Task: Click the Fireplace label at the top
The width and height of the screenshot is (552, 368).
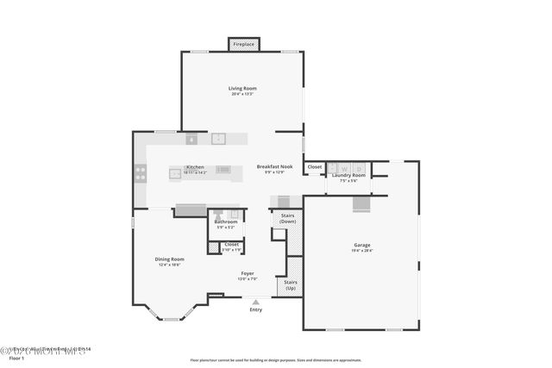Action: pyautogui.click(x=243, y=44)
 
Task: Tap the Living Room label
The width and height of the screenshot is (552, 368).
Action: pyautogui.click(x=242, y=88)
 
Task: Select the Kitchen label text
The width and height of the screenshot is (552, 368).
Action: pyautogui.click(x=195, y=166)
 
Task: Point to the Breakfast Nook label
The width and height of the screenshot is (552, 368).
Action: pyautogui.click(x=275, y=166)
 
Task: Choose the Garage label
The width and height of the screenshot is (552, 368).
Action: pyautogui.click(x=363, y=244)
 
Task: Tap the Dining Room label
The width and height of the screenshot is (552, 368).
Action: pyautogui.click(x=170, y=259)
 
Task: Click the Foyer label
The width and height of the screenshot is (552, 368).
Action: pyautogui.click(x=248, y=273)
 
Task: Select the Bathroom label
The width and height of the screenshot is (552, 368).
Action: pyautogui.click(x=226, y=221)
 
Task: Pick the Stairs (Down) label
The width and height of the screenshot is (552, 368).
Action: pyautogui.click(x=287, y=218)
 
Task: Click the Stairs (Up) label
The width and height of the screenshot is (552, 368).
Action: pyautogui.click(x=289, y=284)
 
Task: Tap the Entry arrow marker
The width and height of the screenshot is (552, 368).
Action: pyautogui.click(x=255, y=302)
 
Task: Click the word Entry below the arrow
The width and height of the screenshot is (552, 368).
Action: pyautogui.click(x=256, y=309)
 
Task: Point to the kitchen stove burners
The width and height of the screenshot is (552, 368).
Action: pyautogui.click(x=140, y=172)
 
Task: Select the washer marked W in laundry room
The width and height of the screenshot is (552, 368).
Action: pyautogui.click(x=344, y=167)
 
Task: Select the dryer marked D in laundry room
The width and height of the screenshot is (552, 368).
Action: pyautogui.click(x=359, y=167)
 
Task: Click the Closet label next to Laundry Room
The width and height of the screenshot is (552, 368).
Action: pyautogui.click(x=314, y=166)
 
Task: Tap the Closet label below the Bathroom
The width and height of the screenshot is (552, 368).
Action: pyautogui.click(x=231, y=244)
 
